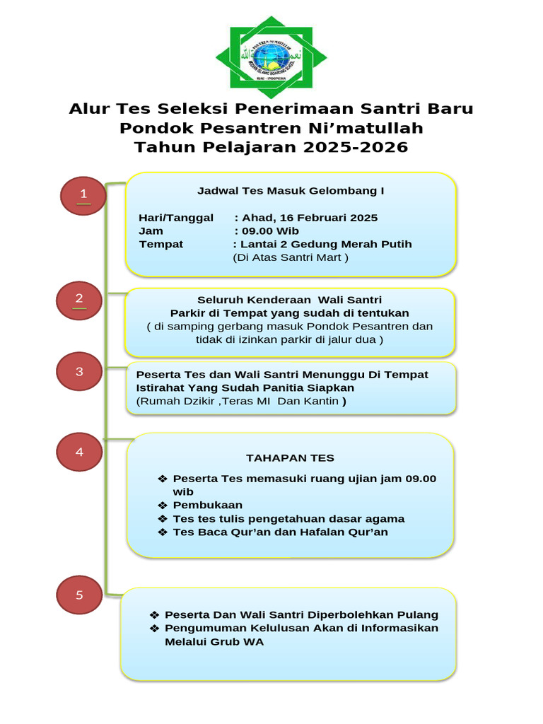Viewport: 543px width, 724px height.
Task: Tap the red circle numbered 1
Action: pos(83,195)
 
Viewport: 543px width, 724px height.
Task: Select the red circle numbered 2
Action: pos(80,300)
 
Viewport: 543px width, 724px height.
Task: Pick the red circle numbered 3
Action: pos(80,372)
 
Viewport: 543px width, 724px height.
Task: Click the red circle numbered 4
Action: pos(80,452)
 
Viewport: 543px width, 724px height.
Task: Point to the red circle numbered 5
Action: pos(80,596)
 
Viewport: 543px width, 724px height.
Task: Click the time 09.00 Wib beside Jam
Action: pos(270,231)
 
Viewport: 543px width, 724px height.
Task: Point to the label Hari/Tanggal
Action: pos(176,218)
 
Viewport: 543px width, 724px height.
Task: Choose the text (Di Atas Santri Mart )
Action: pos(291,257)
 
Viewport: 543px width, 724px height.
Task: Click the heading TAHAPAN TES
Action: pos(290,458)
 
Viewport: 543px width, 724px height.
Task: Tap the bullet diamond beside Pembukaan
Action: pos(163,506)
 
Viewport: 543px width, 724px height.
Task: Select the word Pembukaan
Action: pos(208,506)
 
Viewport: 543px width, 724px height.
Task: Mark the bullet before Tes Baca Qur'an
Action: pos(163,532)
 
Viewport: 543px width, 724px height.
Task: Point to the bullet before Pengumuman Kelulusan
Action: pos(155,629)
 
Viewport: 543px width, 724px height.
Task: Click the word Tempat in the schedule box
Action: pos(161,245)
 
